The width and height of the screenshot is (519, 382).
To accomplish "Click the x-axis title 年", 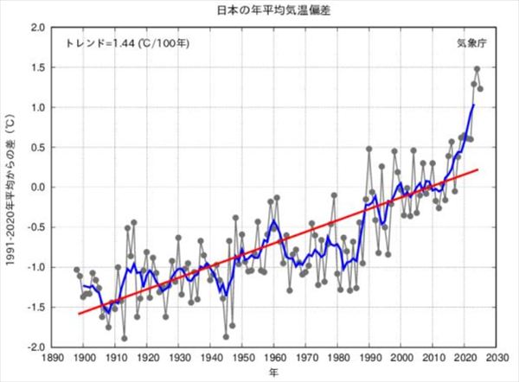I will coord(272,373).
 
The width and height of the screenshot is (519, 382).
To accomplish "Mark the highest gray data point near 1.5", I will coord(477,69).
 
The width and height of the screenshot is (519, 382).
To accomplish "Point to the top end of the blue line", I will coord(474,105).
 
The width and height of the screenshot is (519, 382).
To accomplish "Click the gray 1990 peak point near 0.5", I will coord(369,149).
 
